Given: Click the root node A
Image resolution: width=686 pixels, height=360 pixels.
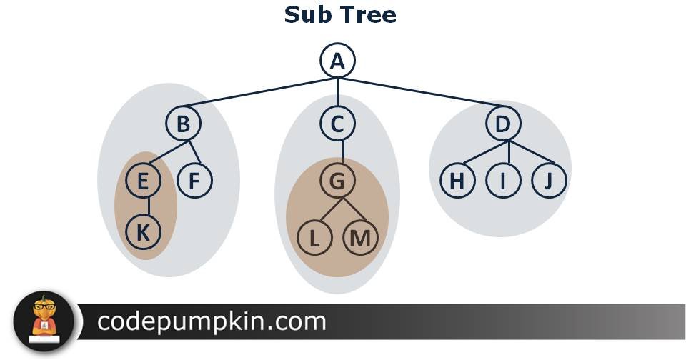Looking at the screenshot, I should (337, 61).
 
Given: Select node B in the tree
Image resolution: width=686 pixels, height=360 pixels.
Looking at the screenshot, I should (184, 124).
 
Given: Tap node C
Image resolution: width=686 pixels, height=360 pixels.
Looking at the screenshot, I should (337, 124).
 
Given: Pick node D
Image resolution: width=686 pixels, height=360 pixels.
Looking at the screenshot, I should (503, 124).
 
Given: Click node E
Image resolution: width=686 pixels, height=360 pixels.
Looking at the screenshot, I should (143, 181).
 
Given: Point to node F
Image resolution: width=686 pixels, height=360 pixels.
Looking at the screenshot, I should (194, 181).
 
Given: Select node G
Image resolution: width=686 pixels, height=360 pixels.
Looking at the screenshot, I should (337, 181).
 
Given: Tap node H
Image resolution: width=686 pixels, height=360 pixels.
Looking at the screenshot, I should (457, 181).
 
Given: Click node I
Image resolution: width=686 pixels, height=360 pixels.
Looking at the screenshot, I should (503, 181).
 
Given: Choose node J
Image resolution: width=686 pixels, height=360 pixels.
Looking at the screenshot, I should (549, 181).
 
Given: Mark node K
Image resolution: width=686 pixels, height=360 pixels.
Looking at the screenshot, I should (143, 232).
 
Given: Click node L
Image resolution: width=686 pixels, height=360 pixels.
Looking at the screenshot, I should (314, 239).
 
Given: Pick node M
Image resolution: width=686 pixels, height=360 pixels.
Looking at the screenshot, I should (360, 239).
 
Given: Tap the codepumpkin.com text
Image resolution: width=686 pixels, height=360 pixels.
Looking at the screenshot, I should (212, 322).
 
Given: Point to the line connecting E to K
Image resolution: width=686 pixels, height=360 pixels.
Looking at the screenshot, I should (149, 206).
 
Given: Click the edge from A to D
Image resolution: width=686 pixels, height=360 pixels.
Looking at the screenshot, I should (422, 91).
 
